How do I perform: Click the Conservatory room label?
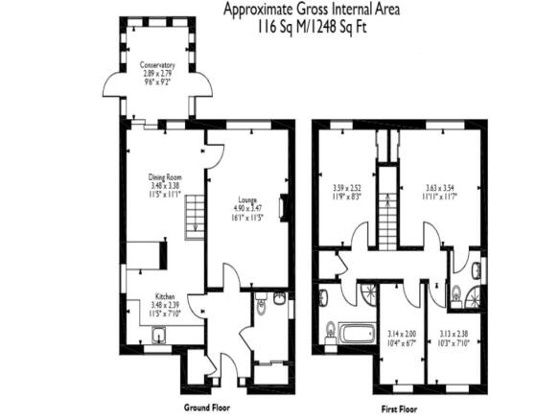pyautogui.click(x=157, y=65)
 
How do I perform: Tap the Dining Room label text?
pyautogui.click(x=165, y=177)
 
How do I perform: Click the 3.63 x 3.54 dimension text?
pyautogui.click(x=441, y=188)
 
